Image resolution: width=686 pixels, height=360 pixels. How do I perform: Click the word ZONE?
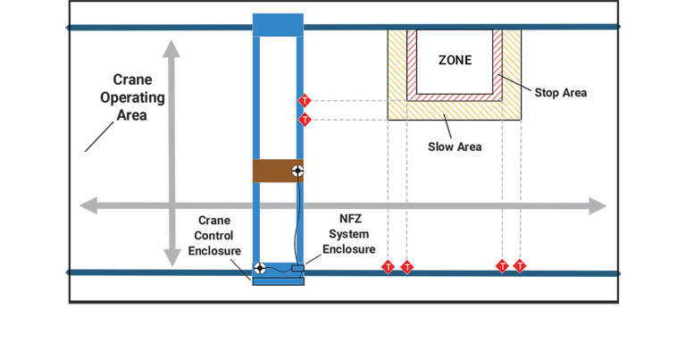pyautogui.click(x=455, y=61)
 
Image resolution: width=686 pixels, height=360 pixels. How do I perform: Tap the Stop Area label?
pyautogui.click(x=560, y=93)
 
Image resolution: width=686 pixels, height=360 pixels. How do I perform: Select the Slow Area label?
pyautogui.click(x=455, y=147)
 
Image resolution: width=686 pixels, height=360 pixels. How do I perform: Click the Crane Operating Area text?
pyautogui.click(x=132, y=97)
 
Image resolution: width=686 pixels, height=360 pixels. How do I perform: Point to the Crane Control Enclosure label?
pyautogui.click(x=214, y=235)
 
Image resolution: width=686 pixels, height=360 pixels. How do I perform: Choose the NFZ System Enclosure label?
pyautogui.click(x=349, y=234)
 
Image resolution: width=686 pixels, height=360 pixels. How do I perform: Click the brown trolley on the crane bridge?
pyautogui.click(x=278, y=171)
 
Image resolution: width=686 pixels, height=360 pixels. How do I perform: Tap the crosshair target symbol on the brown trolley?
pyautogui.click(x=297, y=171)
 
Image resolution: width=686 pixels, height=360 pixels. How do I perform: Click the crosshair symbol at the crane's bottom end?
pyautogui.click(x=260, y=268)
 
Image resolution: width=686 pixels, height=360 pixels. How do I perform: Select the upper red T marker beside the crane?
pyautogui.click(x=305, y=101)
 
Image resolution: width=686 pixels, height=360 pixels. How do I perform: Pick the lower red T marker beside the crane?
pyautogui.click(x=305, y=120)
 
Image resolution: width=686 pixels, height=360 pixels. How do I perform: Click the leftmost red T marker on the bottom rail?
pyautogui.click(x=388, y=267)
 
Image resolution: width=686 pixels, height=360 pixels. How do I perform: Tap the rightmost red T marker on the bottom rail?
pyautogui.click(x=519, y=266)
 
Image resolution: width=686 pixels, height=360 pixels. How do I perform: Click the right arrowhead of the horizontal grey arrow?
pyautogui.click(x=598, y=205)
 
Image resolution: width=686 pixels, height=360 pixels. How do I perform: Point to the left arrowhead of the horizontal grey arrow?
pyautogui.click(x=88, y=205)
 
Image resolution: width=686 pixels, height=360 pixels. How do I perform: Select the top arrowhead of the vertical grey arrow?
pyautogui.click(x=171, y=48)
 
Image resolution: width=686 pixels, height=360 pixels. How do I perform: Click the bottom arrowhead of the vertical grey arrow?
pyautogui.click(x=171, y=258)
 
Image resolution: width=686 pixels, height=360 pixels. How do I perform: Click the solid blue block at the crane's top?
pyautogui.click(x=278, y=25)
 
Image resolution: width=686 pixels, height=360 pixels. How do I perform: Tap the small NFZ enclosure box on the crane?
pyautogui.click(x=298, y=268)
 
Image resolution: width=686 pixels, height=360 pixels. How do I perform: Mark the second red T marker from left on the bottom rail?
pyautogui.click(x=407, y=267)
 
